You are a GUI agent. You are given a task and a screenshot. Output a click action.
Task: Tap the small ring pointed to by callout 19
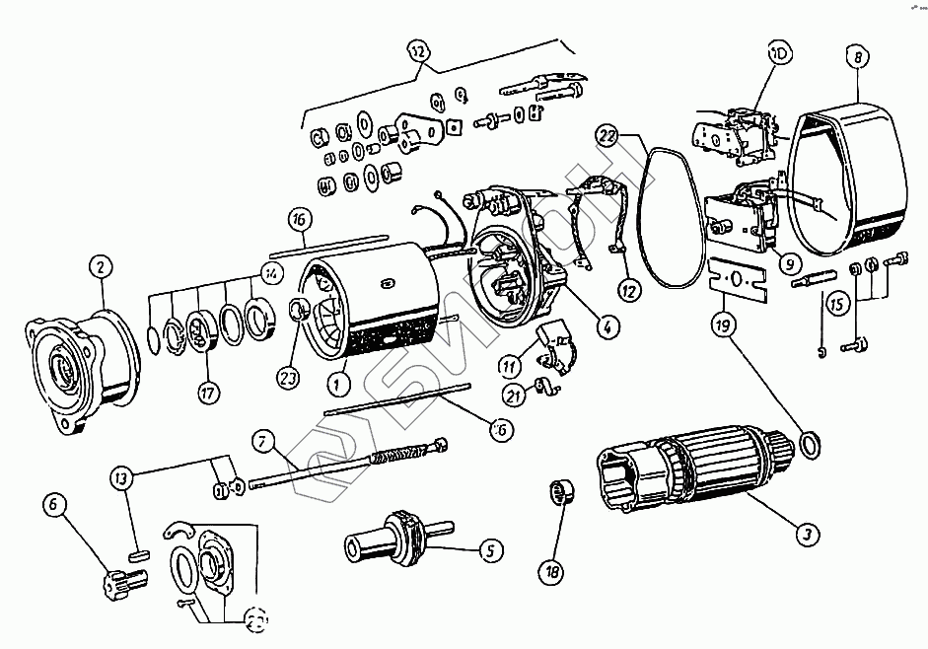pyautogui.click(x=807, y=446)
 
